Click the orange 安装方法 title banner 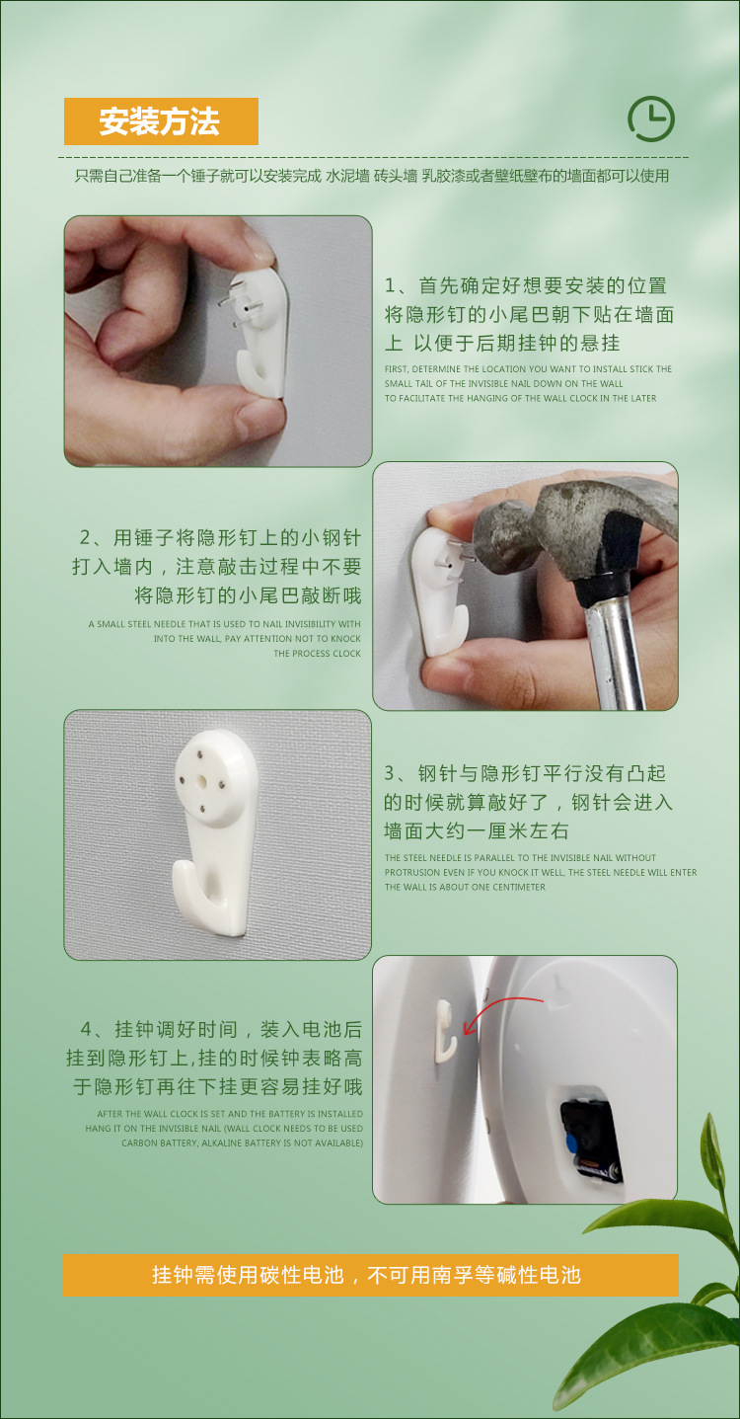pyautogui.click(x=161, y=121)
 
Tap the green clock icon pyautogui.click(x=651, y=118)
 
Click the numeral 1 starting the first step pyautogui.click(x=390, y=285)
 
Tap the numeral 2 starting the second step pyautogui.click(x=86, y=538)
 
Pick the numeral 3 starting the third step pyautogui.click(x=390, y=773)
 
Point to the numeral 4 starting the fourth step pyautogui.click(x=86, y=1029)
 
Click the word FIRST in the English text pyautogui.click(x=397, y=368)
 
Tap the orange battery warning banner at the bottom pyautogui.click(x=371, y=1275)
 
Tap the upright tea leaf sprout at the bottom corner pyautogui.click(x=714, y=1154)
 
